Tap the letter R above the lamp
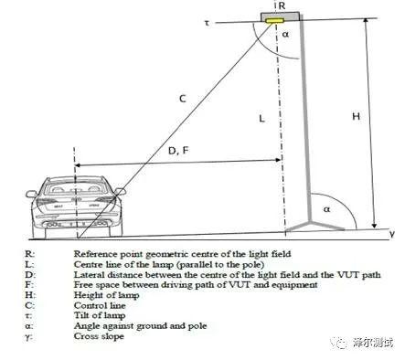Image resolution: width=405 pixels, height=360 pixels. tap(282, 6)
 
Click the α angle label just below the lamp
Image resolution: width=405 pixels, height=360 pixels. tap(285, 35)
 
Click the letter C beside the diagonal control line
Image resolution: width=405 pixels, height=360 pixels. tap(182, 97)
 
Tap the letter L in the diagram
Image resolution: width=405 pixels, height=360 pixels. tap(261, 119)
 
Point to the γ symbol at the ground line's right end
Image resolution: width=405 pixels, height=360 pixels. tap(391, 234)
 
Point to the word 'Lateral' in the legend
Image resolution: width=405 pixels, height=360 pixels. tap(89, 273)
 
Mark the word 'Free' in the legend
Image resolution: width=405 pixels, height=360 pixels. tap(84, 284)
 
